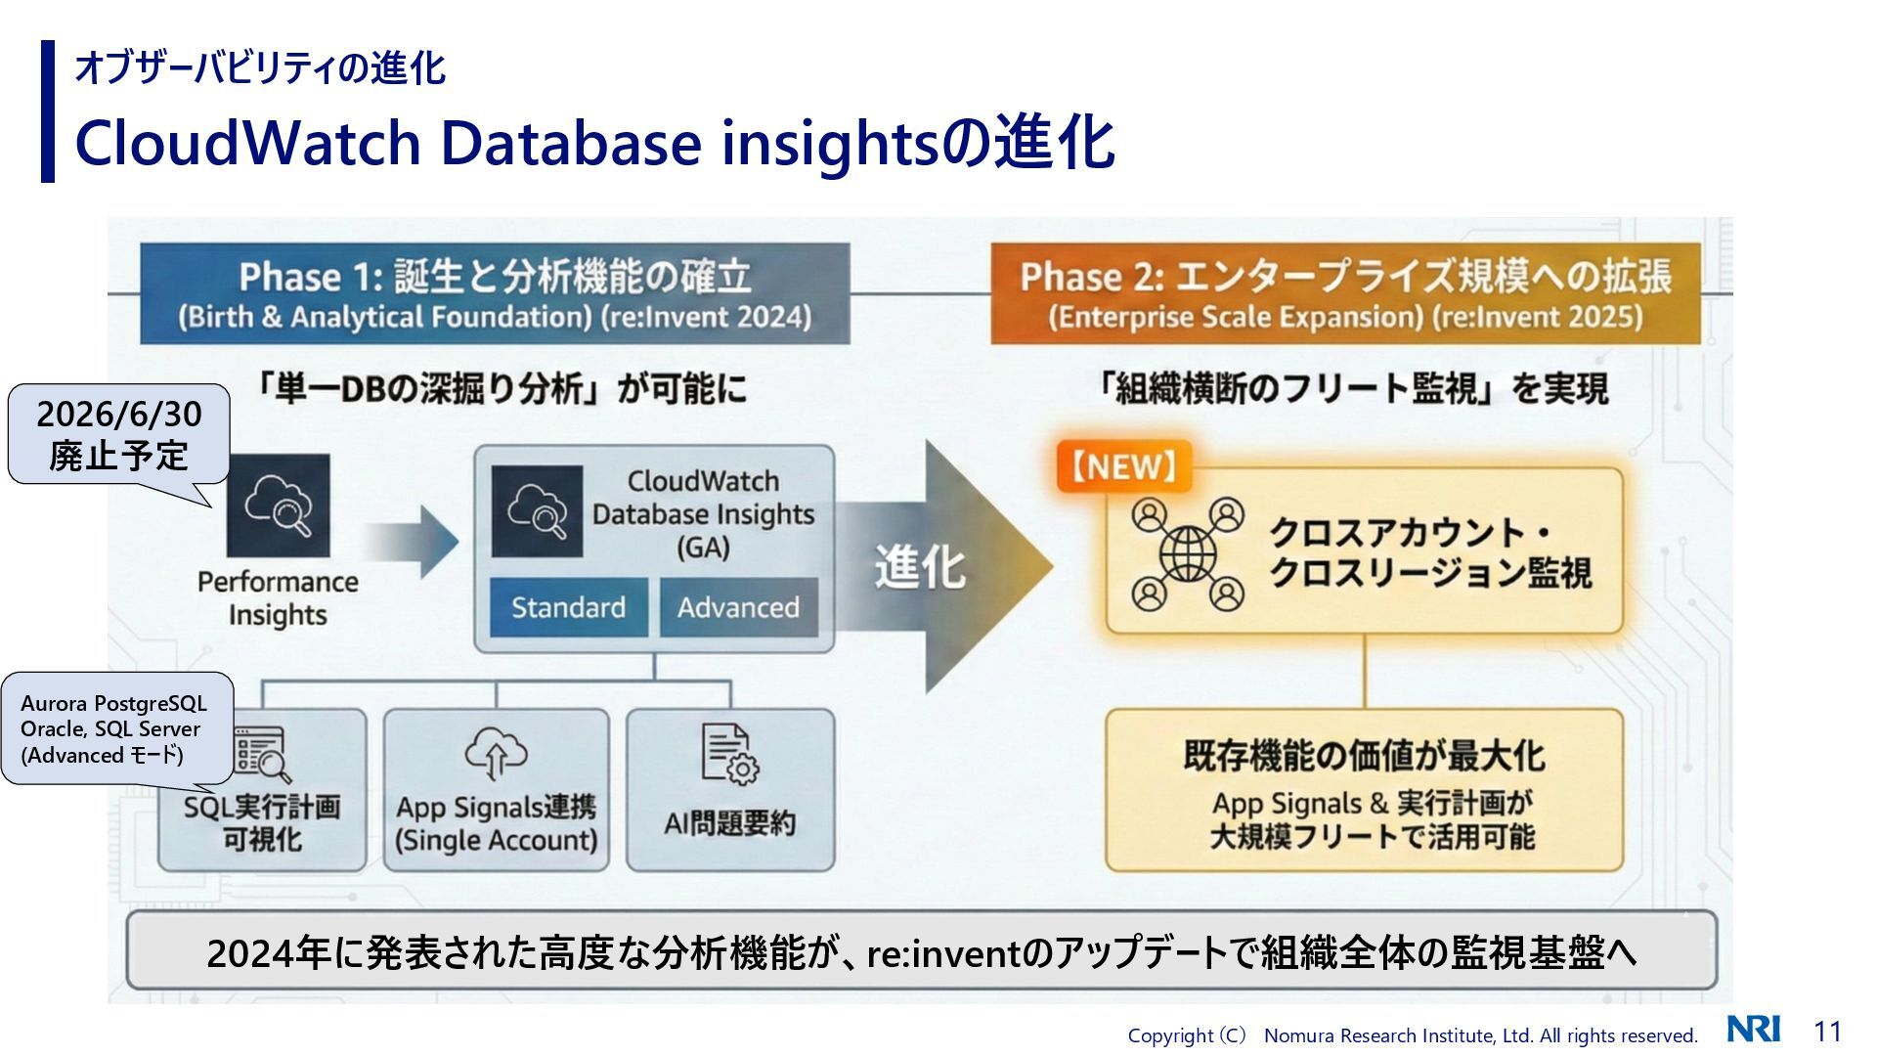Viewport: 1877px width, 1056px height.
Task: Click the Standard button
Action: (568, 607)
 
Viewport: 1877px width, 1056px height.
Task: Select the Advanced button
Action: (738, 607)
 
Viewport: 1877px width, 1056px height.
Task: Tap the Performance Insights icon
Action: (279, 505)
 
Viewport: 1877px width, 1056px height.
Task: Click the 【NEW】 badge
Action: (1123, 466)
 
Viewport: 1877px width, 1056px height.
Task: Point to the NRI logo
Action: (1753, 1030)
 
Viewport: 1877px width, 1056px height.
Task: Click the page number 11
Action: (1827, 1032)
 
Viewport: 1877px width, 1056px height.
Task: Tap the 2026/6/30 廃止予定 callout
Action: (118, 434)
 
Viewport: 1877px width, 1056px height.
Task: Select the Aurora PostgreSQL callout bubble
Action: (115, 728)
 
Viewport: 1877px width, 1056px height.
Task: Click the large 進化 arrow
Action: (938, 566)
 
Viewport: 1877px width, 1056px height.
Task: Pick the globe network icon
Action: (1188, 553)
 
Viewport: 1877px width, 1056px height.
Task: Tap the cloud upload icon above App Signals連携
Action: (496, 752)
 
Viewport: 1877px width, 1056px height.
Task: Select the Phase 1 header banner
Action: (495, 293)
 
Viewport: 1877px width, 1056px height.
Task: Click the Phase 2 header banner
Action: (1345, 293)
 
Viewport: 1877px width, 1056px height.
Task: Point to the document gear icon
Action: (729, 755)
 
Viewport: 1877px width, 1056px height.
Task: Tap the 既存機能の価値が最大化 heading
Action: (1364, 756)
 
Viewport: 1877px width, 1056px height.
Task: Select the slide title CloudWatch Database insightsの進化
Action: (594, 143)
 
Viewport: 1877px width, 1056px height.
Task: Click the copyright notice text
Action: (1412, 1035)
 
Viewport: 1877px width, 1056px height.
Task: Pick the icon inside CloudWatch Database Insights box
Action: (537, 511)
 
